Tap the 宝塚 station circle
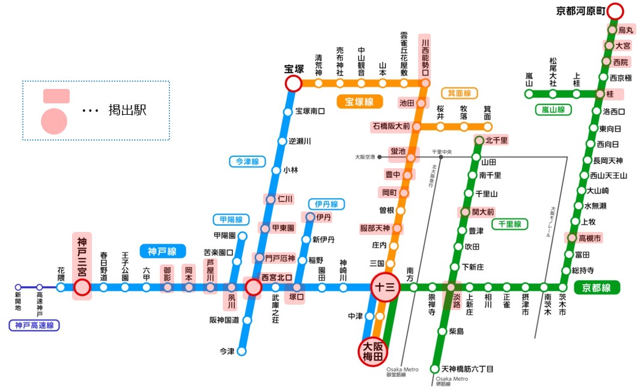coord(293,84)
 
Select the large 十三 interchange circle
coord(384,287)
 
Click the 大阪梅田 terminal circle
coord(373,351)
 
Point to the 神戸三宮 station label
coord(82,257)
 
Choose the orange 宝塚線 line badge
coord(359,102)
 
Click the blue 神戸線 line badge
coord(162,251)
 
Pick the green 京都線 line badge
coord(597,287)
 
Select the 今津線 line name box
coord(246,162)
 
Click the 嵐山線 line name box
coord(553,110)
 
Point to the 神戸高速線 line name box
coord(34,326)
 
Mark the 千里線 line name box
coord(509,224)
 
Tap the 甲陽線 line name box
coord(231,219)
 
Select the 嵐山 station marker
coord(529,94)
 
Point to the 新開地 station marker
coord(18,287)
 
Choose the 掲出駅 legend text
coord(127,111)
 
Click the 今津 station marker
coord(242,352)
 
